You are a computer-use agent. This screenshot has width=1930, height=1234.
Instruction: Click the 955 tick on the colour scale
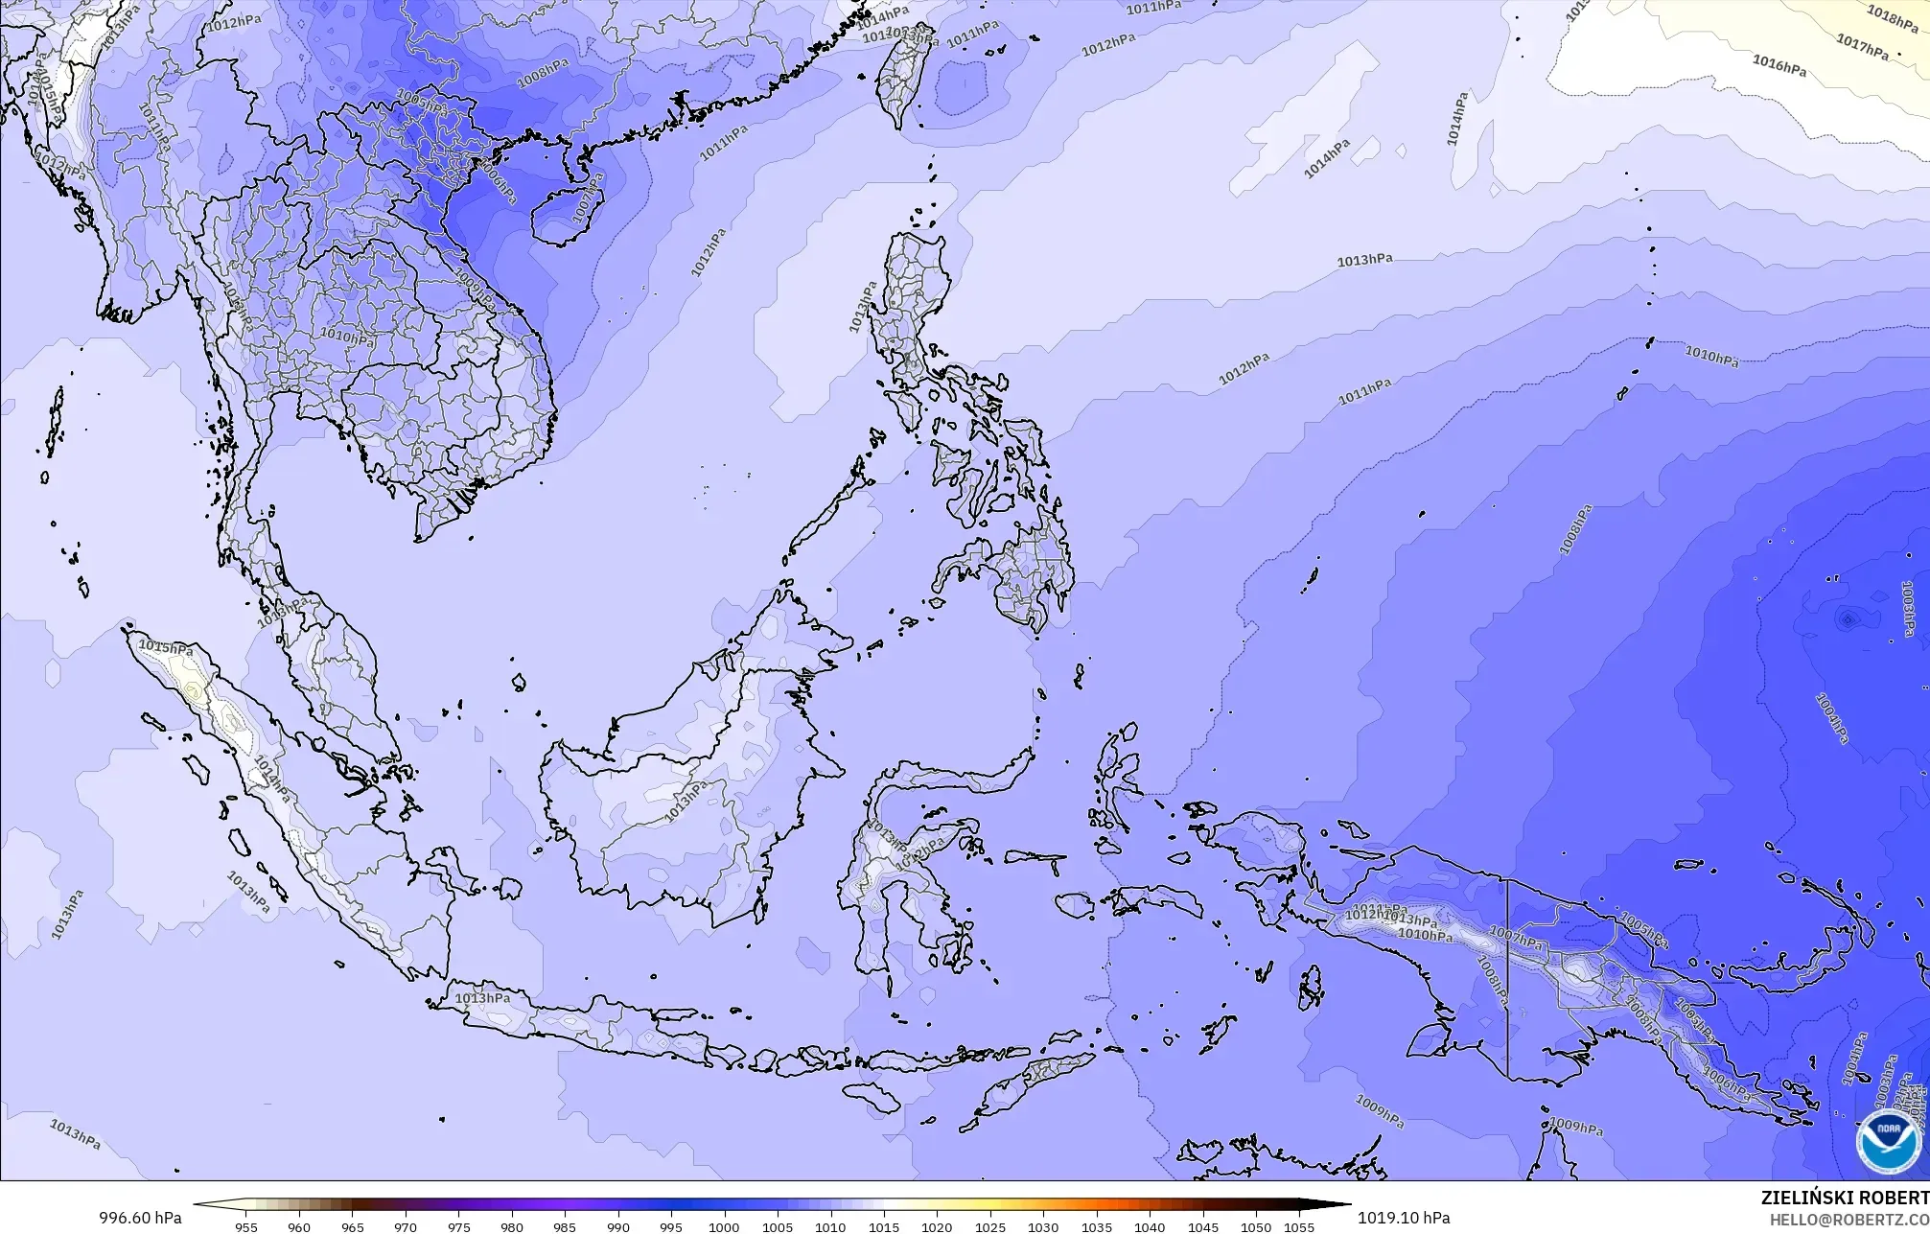[245, 1226]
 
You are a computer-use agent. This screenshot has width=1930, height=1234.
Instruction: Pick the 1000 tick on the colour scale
[724, 1226]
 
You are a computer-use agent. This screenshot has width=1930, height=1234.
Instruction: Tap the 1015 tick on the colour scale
[883, 1226]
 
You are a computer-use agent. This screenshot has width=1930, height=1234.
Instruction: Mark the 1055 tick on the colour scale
[1298, 1226]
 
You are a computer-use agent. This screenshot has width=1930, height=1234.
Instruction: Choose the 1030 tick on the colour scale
[1043, 1226]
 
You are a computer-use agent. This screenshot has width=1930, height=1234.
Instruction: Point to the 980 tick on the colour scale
[511, 1226]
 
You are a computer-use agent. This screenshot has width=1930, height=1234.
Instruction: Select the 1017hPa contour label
[1862, 45]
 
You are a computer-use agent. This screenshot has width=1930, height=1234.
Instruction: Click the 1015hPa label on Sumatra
[166, 647]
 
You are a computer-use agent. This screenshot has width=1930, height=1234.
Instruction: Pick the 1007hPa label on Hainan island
[585, 202]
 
